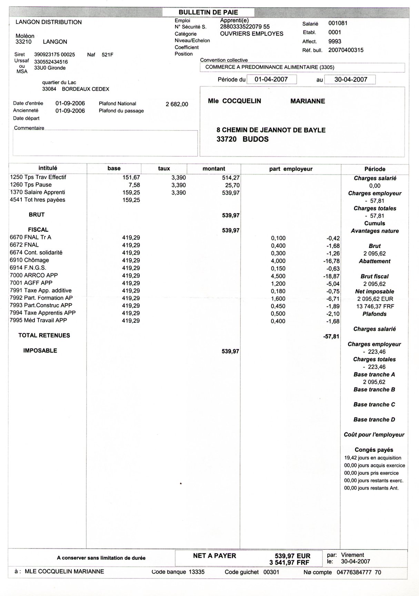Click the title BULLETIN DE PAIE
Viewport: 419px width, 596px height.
[208, 12]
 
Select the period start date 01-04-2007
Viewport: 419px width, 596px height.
[271, 79]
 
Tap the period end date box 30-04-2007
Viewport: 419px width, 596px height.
[350, 79]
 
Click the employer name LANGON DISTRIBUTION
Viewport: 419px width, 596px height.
[49, 22]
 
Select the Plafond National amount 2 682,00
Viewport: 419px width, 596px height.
[177, 104]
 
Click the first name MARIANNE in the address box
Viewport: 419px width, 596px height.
[308, 101]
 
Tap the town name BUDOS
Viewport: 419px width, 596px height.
[256, 139]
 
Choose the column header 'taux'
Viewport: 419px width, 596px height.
[164, 169]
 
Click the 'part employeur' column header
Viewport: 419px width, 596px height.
[291, 169]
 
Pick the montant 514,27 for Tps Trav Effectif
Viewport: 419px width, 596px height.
[231, 178]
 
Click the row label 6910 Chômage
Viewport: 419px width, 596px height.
[29, 260]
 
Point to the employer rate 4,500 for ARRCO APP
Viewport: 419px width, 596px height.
[278, 276]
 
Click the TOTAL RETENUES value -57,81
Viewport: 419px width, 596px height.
[331, 336]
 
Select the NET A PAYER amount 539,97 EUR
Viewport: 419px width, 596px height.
[292, 556]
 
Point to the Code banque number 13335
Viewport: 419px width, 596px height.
[197, 572]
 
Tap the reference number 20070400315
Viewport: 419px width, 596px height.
[346, 50]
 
